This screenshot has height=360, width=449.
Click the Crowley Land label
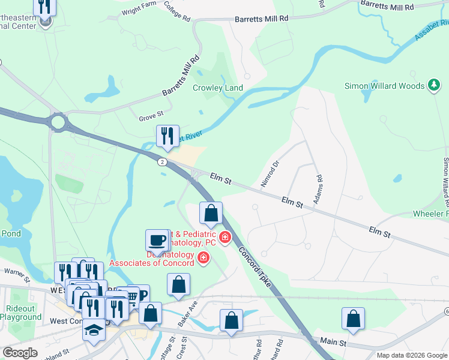tap(217, 88)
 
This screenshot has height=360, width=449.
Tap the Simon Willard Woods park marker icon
tap(433, 86)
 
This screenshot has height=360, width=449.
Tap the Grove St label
tap(151, 113)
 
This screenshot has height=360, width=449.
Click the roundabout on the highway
tap(58, 122)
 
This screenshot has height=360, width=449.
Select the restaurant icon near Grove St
tap(167, 136)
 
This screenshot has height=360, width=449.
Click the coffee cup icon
tap(157, 240)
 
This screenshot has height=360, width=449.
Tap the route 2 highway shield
tap(162, 162)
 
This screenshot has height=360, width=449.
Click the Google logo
tap(20, 353)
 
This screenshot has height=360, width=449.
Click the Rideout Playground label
tap(21, 312)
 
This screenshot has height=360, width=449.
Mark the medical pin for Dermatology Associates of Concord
tap(203, 258)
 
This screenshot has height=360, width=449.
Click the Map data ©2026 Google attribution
tap(412, 355)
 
